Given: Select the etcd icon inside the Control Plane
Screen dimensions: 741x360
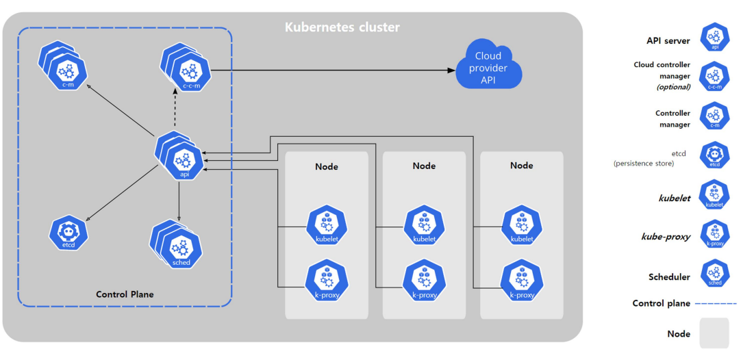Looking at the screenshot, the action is (69, 233).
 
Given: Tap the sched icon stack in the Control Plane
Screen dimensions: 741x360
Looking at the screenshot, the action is (176, 244).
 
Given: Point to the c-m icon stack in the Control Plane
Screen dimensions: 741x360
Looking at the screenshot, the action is (63, 66).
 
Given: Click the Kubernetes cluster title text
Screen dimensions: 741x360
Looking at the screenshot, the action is (342, 27).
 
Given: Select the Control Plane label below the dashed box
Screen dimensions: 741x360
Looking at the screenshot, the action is (125, 294).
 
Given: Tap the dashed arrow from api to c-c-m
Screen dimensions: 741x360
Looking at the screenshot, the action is (175, 111).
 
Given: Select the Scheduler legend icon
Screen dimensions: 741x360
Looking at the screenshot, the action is (715, 274).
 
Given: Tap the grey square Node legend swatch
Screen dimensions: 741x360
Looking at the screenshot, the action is (715, 333).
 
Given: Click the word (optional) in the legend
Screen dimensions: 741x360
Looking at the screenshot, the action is (673, 87).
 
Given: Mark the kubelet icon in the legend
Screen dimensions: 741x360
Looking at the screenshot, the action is (715, 194).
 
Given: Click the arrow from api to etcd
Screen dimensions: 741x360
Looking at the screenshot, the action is (123, 193).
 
